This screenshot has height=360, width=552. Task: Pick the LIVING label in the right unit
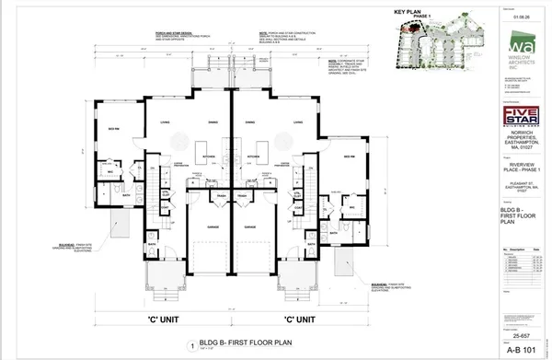pyautogui.click(x=299, y=122)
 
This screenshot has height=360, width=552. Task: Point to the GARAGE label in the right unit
pyautogui.click(x=250, y=224)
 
